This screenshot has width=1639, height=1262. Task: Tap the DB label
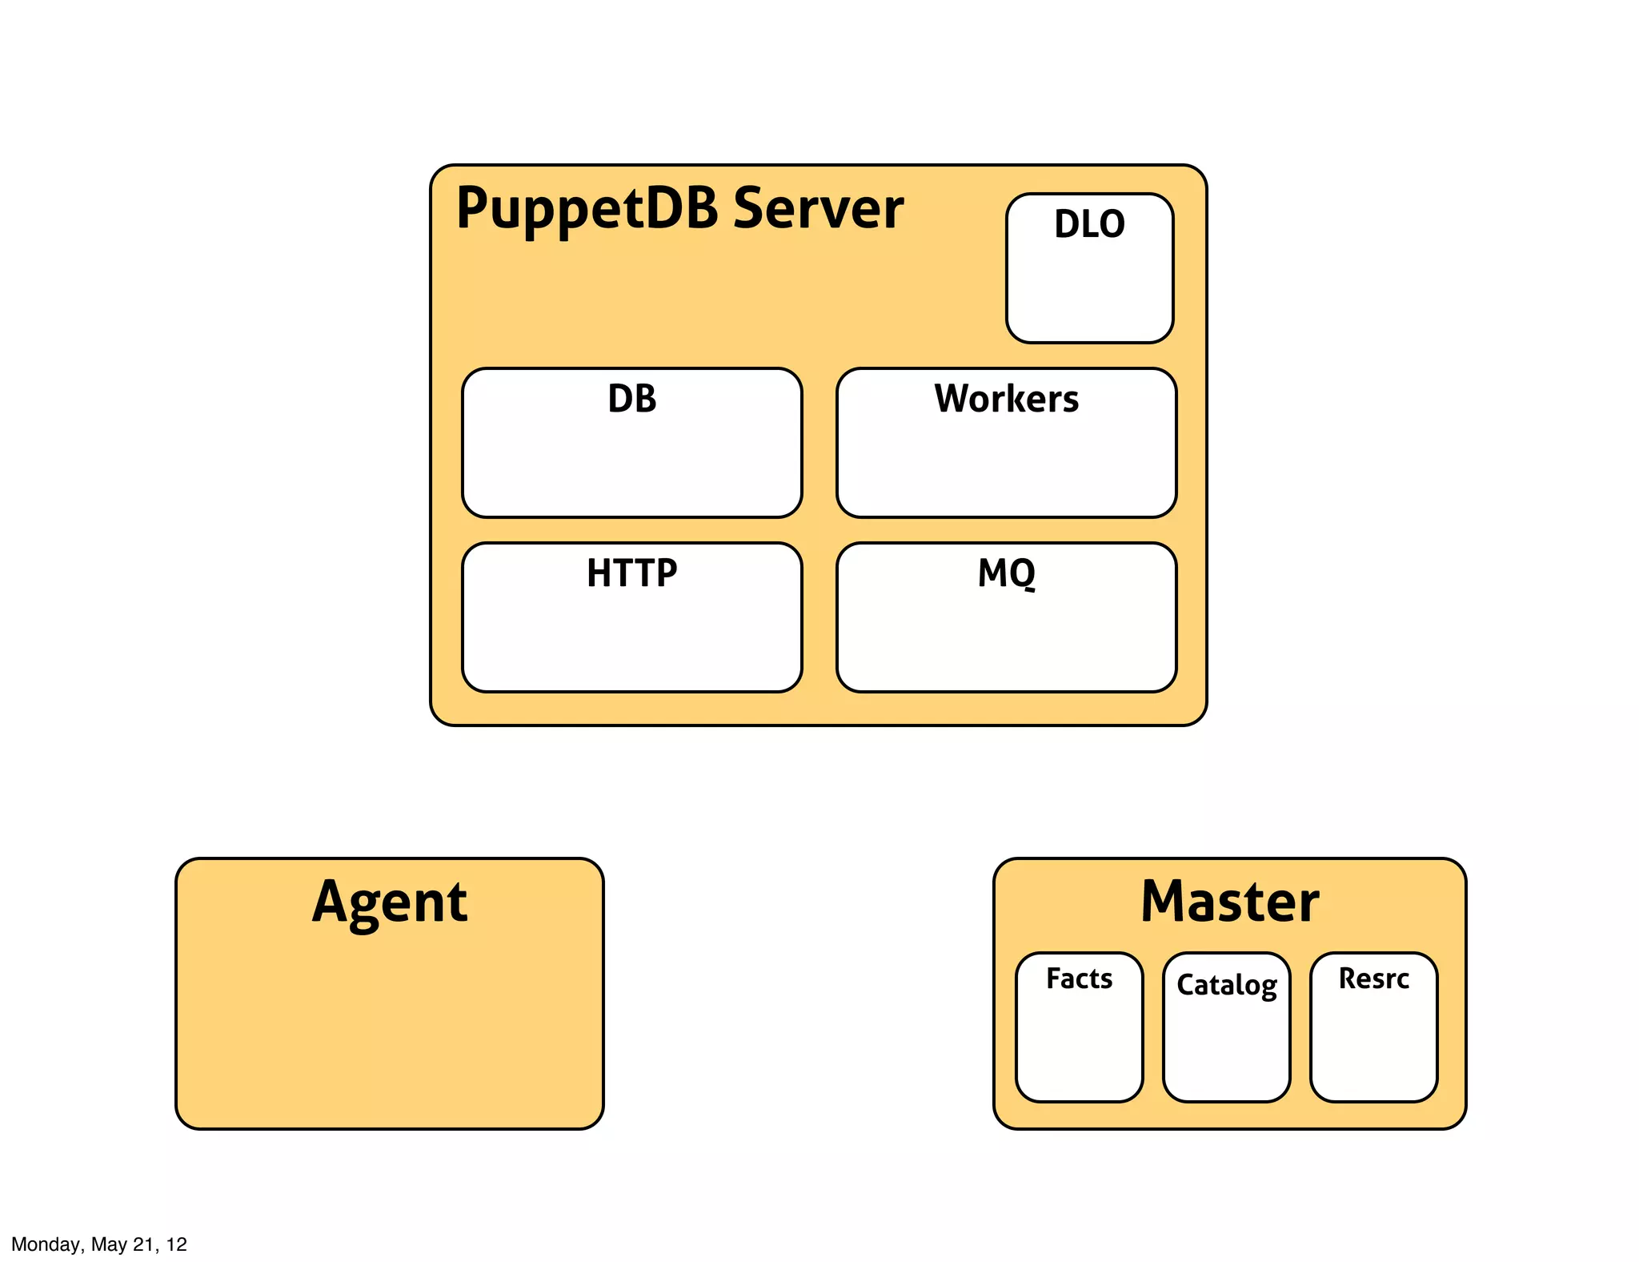[x=631, y=399]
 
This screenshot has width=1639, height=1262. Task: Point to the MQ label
[x=1006, y=573]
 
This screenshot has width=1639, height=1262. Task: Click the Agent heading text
[x=390, y=902]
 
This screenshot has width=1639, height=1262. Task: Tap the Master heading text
[x=1229, y=902]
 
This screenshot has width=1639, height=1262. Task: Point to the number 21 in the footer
[x=143, y=1244]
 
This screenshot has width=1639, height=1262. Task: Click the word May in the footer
[x=108, y=1244]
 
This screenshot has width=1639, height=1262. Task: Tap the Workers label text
[x=1006, y=399]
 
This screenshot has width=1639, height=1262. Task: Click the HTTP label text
[x=631, y=573]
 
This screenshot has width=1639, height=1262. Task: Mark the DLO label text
[x=1089, y=224]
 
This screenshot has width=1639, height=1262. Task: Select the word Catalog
[x=1226, y=985]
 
